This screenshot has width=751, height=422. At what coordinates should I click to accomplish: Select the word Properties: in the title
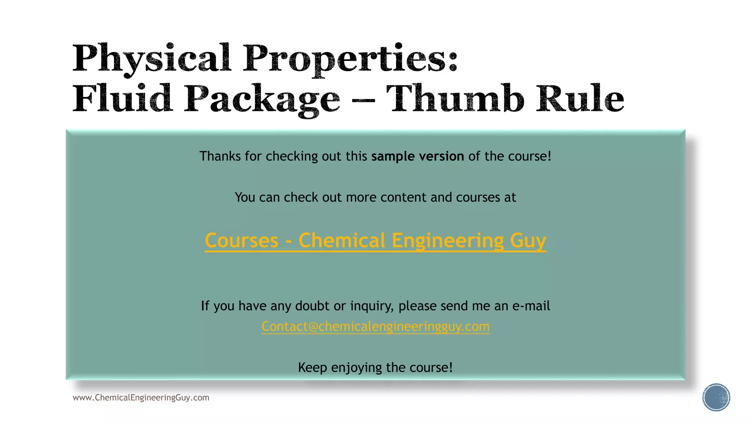350,59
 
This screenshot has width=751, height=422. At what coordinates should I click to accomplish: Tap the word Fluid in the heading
122,99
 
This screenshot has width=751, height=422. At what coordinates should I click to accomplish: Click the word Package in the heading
262,99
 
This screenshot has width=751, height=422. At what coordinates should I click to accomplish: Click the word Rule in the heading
580,99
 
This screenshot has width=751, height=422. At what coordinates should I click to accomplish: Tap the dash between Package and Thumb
363,100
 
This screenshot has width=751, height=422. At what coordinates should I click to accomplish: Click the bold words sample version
417,156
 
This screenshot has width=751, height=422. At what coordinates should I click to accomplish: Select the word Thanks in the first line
220,156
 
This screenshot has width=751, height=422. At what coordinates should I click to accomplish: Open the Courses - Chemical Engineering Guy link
375,241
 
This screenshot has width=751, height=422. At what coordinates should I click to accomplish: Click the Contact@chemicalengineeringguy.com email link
375,326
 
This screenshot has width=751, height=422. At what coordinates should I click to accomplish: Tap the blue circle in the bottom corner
716,397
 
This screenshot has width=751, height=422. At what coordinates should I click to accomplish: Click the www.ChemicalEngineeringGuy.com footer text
141,398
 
